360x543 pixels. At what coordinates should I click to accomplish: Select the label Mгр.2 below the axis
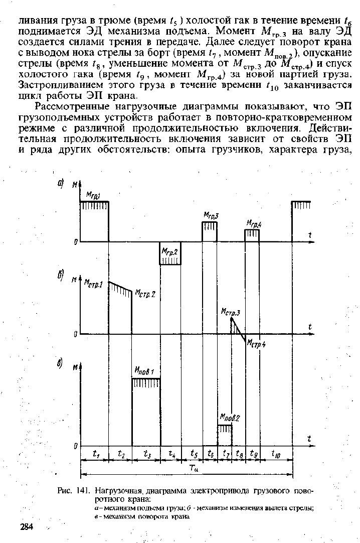point(170,251)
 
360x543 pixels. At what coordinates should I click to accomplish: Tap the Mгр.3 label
point(211,215)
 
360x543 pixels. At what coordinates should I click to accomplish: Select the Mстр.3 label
point(230,312)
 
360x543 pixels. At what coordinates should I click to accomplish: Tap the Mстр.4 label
point(257,344)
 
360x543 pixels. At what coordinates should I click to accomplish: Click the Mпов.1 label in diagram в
point(144,371)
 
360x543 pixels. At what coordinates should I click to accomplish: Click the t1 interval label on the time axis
point(95,454)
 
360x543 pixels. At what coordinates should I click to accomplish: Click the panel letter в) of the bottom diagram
point(59,364)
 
